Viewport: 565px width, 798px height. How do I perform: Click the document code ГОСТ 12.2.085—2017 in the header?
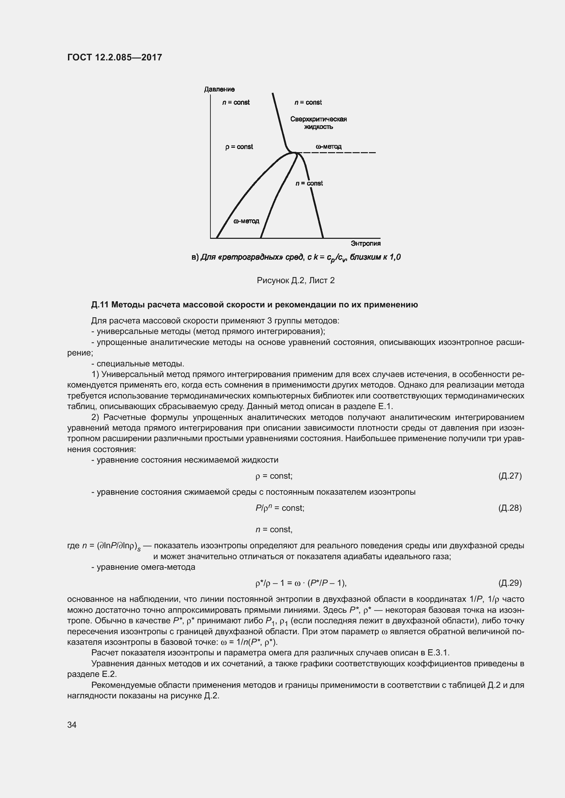coord(114,57)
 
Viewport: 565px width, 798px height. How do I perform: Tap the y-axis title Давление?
coord(219,89)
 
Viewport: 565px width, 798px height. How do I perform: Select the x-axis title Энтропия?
coord(365,243)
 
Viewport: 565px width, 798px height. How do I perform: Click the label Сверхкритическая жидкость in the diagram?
coord(318,123)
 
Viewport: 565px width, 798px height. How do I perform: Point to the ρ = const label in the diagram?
coord(239,147)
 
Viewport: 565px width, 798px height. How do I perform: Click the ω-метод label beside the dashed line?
coord(328,146)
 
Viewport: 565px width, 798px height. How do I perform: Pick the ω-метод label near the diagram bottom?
coord(246,221)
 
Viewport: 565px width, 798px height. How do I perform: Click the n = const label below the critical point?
coord(309,183)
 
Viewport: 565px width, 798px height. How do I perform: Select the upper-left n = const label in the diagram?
coord(236,102)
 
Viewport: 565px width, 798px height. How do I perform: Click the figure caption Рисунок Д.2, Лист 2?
coord(295,280)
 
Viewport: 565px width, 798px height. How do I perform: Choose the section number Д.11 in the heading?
coord(100,305)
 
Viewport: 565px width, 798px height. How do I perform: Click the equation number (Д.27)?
coord(510,476)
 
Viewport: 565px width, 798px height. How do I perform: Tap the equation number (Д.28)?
coord(510,508)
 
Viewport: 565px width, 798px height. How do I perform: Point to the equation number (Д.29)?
coord(510,583)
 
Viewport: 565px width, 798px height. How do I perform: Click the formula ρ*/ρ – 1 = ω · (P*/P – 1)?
coord(301,583)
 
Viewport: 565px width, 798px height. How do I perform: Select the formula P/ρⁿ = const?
coord(280,508)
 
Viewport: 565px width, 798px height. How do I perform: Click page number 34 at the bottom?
coord(72,725)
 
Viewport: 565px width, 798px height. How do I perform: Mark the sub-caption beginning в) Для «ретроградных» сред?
coord(296,257)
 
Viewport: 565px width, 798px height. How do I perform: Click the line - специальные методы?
coord(137,364)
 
